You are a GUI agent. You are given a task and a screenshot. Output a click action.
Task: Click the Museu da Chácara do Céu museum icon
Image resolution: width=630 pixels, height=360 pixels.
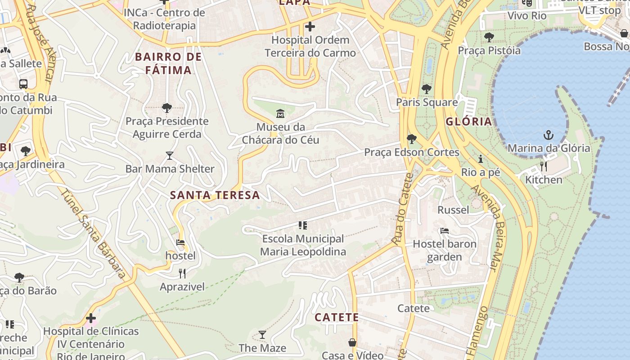tap(280, 113)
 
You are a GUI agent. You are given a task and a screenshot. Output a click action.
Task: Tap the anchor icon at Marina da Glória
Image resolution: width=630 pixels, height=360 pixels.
tap(548, 135)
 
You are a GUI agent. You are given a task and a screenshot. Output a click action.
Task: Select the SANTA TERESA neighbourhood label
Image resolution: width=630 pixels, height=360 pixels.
tap(215, 195)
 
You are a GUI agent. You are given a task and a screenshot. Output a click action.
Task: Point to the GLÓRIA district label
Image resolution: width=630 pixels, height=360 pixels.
tap(469, 121)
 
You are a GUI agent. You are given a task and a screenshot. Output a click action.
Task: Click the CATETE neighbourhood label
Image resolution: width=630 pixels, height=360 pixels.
tap(337, 317)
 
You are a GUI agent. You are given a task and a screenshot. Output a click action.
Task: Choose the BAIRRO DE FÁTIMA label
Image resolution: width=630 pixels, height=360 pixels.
tap(168, 63)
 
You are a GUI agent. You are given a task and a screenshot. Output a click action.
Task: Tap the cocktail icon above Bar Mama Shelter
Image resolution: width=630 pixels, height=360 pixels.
tap(170, 156)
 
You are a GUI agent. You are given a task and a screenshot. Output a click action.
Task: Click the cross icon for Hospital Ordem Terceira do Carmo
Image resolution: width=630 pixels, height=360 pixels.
tap(310, 27)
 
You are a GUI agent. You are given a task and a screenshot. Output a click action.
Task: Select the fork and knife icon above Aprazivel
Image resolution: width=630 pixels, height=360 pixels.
tap(182, 273)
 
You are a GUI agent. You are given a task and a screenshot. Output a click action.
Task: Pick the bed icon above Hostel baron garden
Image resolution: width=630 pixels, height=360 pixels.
tap(445, 231)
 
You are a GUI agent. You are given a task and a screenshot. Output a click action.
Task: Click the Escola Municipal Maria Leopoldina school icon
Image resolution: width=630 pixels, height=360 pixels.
tap(302, 225)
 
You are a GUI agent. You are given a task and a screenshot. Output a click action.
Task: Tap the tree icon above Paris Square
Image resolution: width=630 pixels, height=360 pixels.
tap(426, 89)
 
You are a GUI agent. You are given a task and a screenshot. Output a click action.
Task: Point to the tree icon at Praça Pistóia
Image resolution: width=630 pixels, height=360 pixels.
tap(489, 37)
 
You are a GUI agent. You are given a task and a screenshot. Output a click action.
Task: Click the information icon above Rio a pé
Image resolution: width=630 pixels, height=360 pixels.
tap(481, 159)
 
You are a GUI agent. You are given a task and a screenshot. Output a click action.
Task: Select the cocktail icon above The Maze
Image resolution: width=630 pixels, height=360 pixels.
tap(262, 335)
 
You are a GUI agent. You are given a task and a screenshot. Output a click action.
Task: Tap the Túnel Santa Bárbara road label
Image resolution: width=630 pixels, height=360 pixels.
tap(93, 234)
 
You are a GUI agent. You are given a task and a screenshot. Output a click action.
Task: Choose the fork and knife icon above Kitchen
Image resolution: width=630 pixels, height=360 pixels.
tap(544, 166)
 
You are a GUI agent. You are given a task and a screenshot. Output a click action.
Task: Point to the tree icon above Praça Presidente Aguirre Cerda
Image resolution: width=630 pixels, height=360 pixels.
tap(167, 108)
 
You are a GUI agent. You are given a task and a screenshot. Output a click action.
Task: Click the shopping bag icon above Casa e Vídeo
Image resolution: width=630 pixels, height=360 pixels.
tap(352, 342)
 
